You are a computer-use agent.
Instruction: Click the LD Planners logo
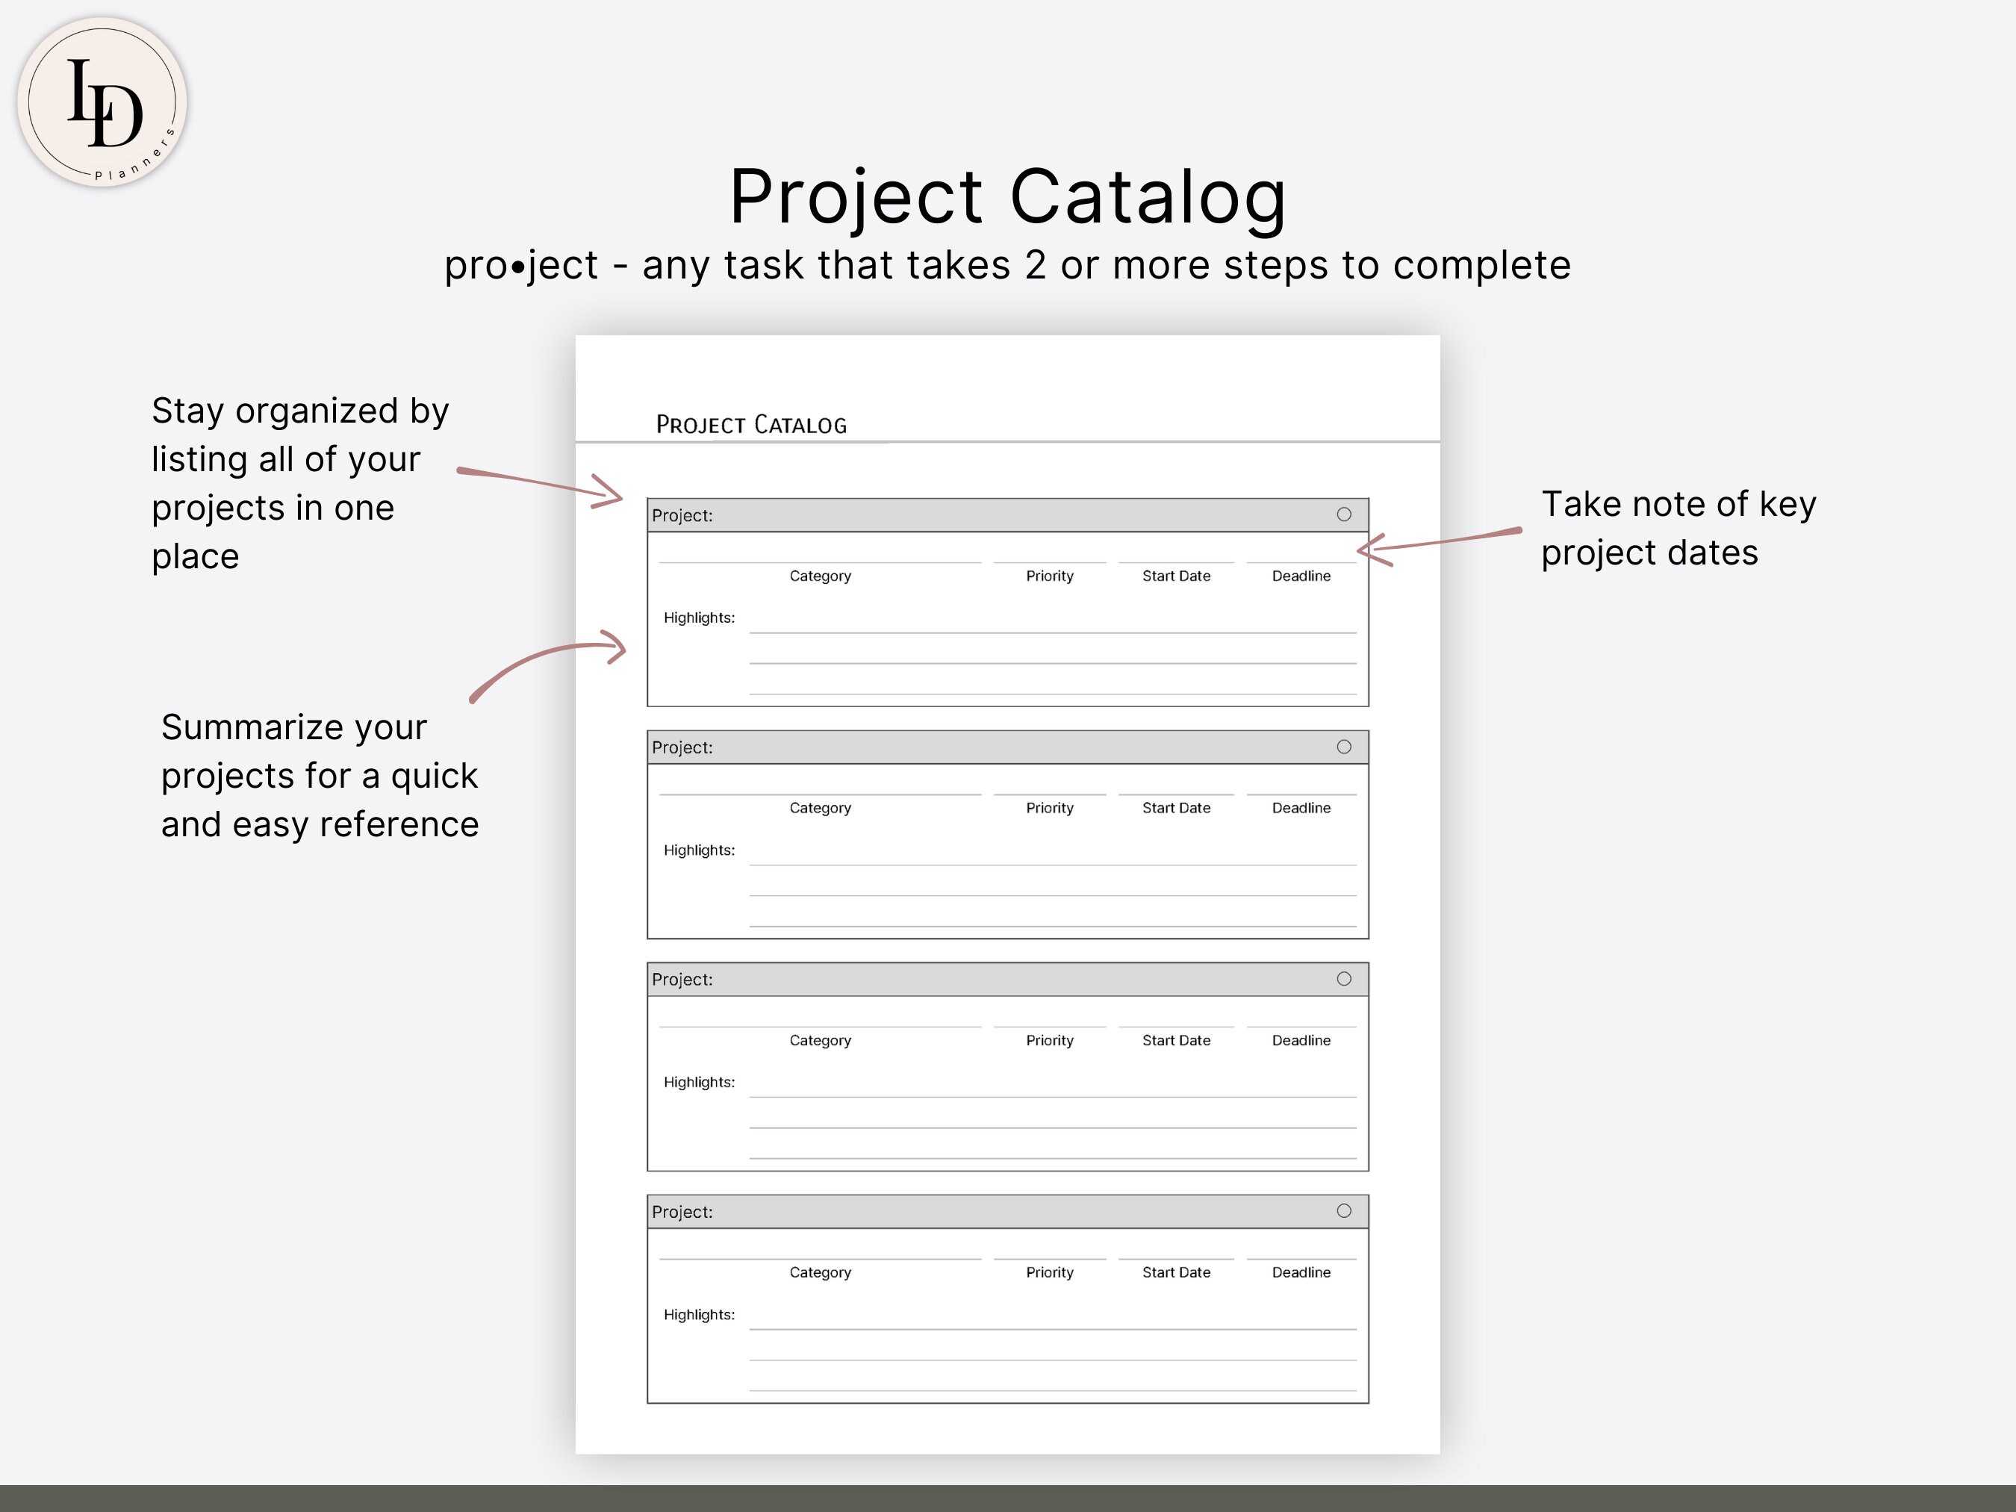(102, 102)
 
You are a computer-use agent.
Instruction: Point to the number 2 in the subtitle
(1036, 265)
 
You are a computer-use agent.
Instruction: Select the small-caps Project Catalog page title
(751, 425)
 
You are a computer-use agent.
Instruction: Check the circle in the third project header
(1343, 979)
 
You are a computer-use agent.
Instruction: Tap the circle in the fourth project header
(1343, 1211)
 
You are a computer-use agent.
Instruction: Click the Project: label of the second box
(682, 747)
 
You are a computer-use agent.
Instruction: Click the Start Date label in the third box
(1176, 1041)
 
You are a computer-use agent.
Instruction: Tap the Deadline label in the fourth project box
(1301, 1272)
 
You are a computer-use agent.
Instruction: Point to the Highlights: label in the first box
(699, 618)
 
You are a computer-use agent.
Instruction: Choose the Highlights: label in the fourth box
(699, 1314)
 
